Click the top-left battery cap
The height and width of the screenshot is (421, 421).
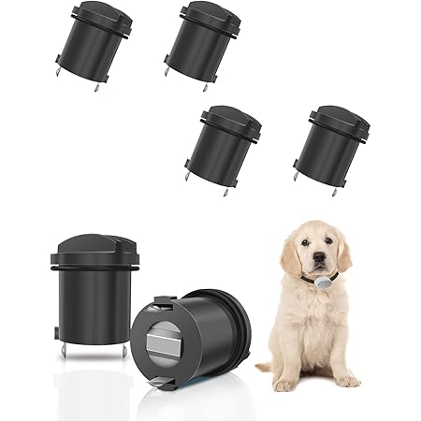[x=95, y=42]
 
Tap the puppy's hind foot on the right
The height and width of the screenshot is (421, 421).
[x=348, y=380]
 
